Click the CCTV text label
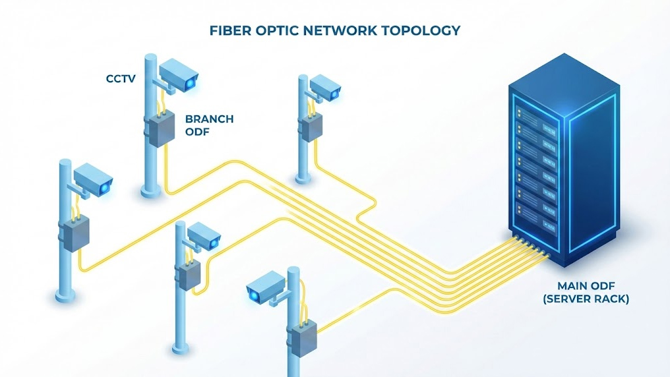click(121, 79)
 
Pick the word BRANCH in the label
click(209, 119)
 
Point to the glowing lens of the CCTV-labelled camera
click(191, 84)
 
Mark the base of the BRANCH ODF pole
click(151, 192)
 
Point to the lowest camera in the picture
click(266, 290)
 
